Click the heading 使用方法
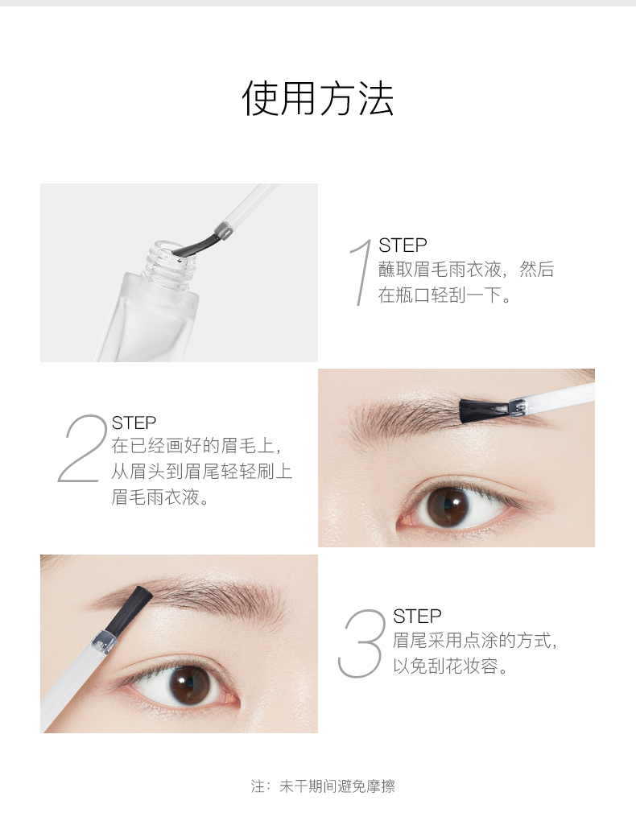(318, 98)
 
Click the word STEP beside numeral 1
(403, 245)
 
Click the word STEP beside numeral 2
(134, 423)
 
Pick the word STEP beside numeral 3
(417, 616)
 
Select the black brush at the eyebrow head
(130, 610)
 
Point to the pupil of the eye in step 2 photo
(448, 508)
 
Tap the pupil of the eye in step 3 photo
(190, 684)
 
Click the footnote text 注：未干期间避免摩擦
(323, 786)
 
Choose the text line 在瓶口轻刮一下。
(444, 295)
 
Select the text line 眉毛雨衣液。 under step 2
(160, 497)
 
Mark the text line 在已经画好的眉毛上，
(196, 446)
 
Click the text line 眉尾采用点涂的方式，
(475, 641)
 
